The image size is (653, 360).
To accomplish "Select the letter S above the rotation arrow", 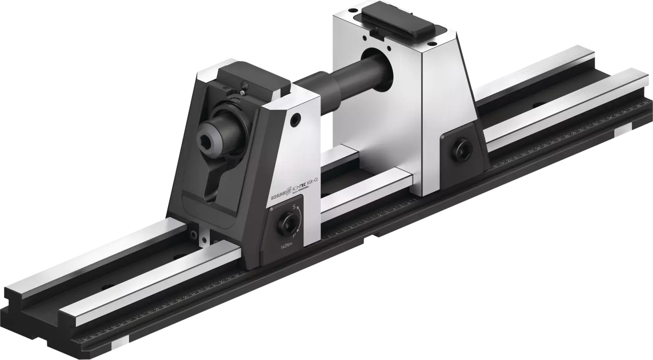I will [294, 208].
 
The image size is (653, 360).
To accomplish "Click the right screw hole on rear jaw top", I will [431, 44].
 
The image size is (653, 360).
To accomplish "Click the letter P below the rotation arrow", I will [295, 236].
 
